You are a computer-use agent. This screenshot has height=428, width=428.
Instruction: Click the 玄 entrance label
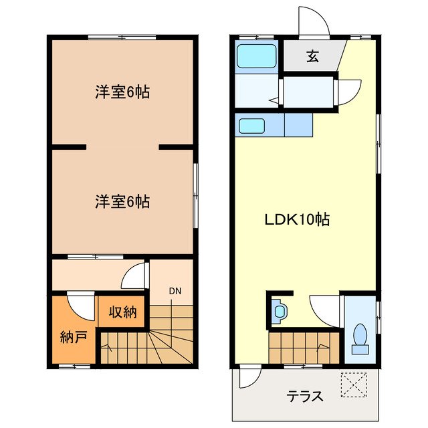[x=312, y=57]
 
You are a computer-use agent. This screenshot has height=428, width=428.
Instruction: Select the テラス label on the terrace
[x=305, y=396]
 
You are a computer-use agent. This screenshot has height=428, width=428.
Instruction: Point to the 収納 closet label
[x=121, y=312]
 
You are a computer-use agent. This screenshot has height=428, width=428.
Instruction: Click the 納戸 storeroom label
[x=74, y=336]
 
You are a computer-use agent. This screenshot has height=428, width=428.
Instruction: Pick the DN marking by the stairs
[x=175, y=290]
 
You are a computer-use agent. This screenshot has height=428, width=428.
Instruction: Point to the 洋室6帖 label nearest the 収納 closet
[x=122, y=201]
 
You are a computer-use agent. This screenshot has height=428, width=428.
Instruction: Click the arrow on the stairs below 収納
[x=107, y=347]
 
